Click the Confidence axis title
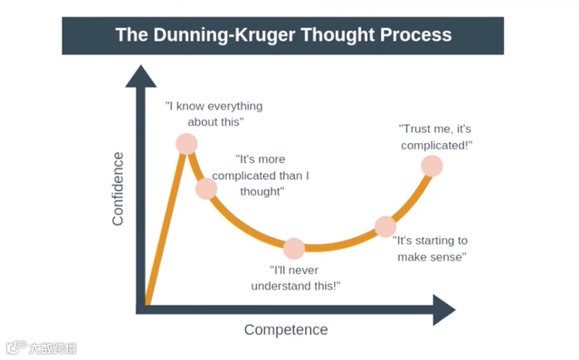pyautogui.click(x=118, y=189)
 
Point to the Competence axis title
pyautogui.click(x=285, y=329)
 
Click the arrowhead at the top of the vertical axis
pyautogui.click(x=140, y=76)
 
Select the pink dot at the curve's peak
pyautogui.click(x=187, y=143)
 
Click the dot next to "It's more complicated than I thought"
pyautogui.click(x=206, y=189)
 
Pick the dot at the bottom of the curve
pyautogui.click(x=294, y=248)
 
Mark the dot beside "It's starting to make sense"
pyautogui.click(x=385, y=226)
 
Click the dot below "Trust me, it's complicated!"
pyautogui.click(x=432, y=166)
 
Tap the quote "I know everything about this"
pyautogui.click(x=213, y=114)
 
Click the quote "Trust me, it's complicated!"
pyautogui.click(x=436, y=137)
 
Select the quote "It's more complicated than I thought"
pyautogui.click(x=261, y=175)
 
